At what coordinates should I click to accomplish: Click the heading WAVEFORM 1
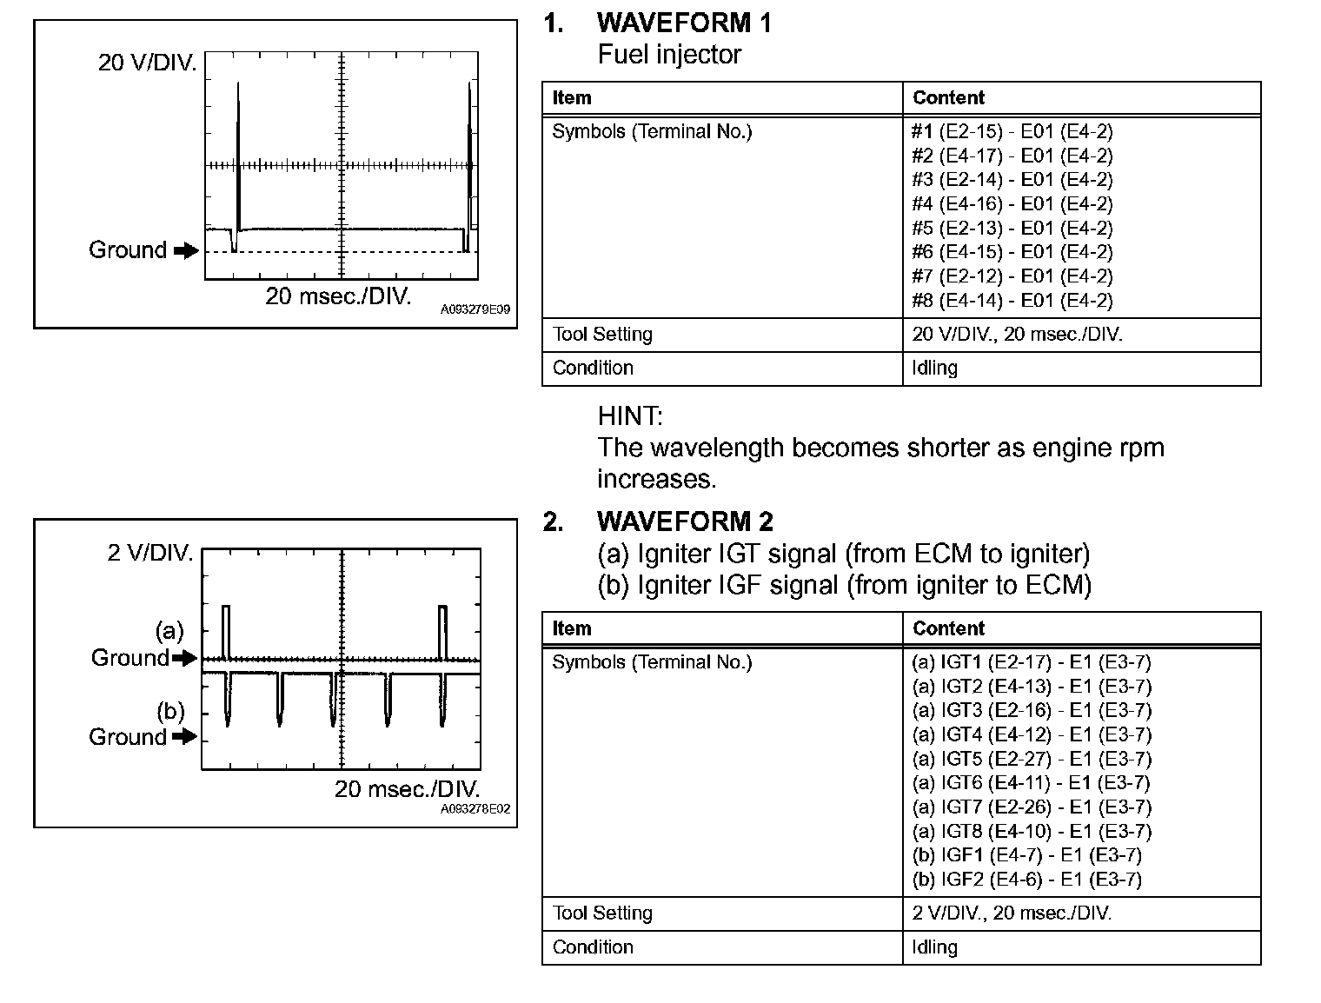684,23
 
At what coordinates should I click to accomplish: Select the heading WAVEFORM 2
684,521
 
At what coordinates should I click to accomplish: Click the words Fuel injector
669,55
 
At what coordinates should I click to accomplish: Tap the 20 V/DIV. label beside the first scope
147,63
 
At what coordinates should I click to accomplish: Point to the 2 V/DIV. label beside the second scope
150,553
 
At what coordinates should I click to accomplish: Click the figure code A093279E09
475,309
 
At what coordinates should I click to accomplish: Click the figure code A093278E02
475,809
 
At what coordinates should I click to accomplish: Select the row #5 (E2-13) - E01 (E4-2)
1012,229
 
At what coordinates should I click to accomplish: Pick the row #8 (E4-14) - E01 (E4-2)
1012,301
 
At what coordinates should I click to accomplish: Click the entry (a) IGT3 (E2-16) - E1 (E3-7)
1031,711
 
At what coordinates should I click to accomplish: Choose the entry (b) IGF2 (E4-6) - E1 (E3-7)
1026,880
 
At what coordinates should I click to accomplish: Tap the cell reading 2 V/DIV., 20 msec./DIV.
1012,913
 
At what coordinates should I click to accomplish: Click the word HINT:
630,416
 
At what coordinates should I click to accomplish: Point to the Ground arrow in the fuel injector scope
186,251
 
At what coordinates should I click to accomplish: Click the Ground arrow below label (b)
184,737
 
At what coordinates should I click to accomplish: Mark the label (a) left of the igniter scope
169,630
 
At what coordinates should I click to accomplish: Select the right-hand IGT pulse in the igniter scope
443,632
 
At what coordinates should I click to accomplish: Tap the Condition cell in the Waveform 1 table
593,369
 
